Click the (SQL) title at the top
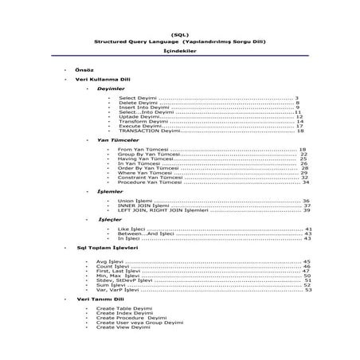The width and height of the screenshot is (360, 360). [x=181, y=33]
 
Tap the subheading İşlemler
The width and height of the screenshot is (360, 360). [x=110, y=192]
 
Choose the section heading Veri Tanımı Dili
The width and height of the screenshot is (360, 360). [x=97, y=299]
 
